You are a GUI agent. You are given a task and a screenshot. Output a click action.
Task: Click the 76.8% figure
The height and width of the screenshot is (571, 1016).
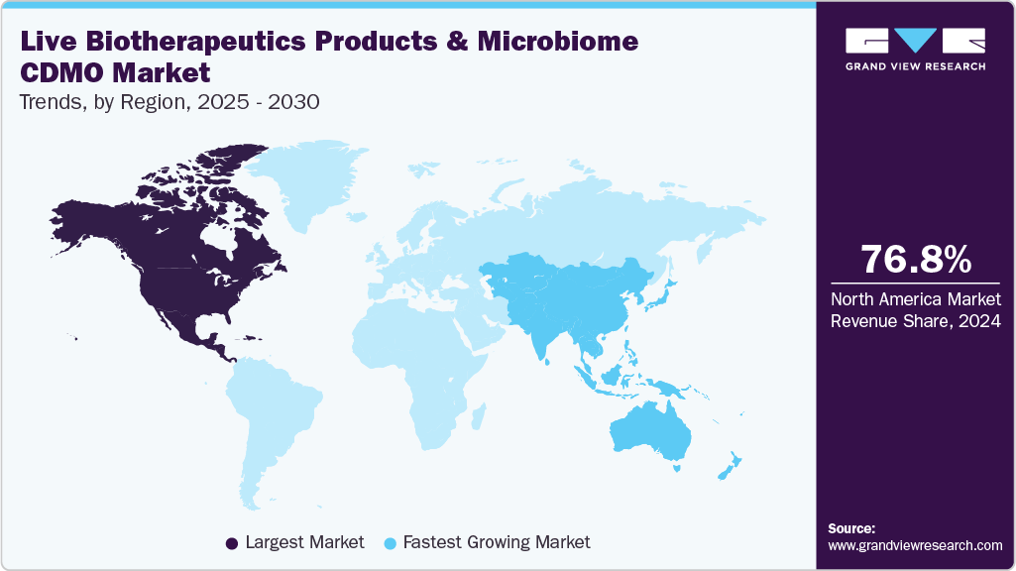[915, 260]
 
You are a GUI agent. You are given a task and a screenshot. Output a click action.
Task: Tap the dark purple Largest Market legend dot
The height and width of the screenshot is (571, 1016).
[232, 542]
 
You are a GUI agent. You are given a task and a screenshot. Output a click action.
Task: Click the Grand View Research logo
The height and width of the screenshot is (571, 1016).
[915, 49]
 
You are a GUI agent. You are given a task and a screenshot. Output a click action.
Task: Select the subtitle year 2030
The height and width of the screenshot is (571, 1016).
[293, 102]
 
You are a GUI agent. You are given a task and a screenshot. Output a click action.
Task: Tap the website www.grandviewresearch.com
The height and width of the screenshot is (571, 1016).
[915, 545]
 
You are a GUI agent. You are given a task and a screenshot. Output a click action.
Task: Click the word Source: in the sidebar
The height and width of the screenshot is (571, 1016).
[851, 528]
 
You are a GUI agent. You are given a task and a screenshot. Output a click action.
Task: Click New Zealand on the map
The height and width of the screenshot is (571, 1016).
[728, 466]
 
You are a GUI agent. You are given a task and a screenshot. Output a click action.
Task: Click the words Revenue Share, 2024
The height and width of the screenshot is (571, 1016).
[915, 321]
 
